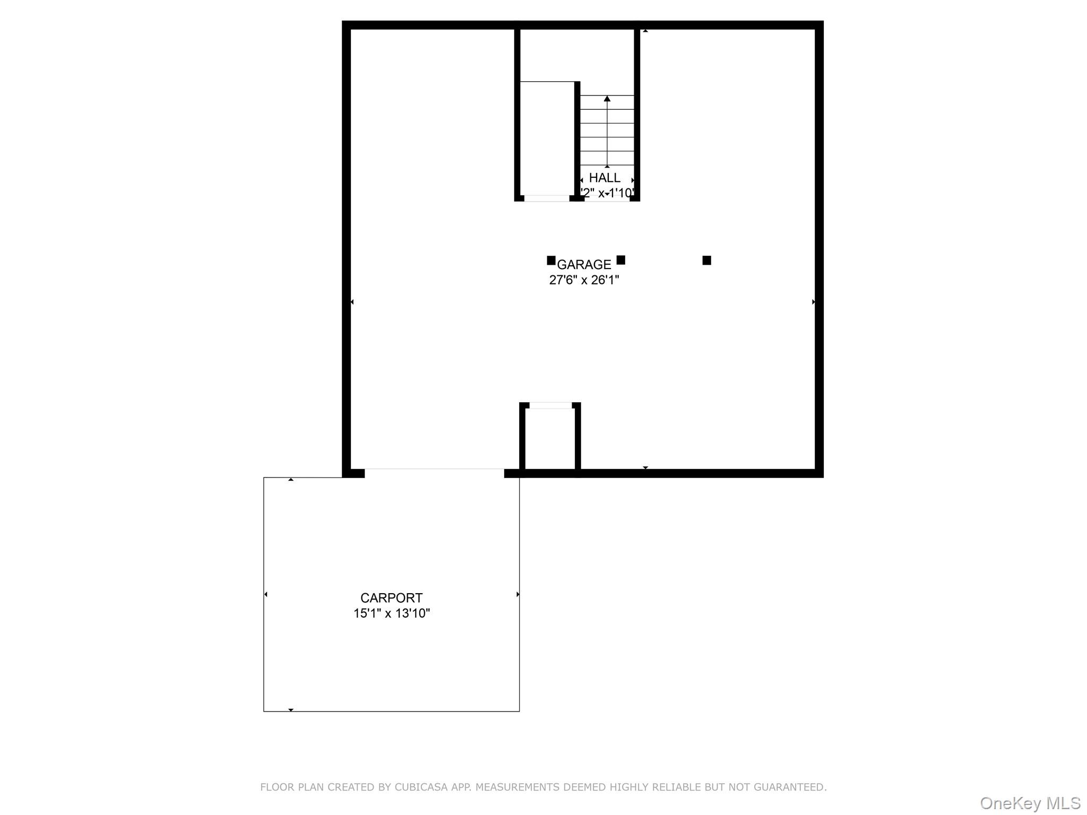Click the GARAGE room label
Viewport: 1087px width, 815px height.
pos(584,264)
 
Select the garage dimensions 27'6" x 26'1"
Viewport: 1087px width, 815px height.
pos(584,280)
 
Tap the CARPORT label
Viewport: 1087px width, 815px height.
pos(391,598)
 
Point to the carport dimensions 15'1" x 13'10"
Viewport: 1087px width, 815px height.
pos(391,613)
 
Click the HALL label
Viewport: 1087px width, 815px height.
pos(605,178)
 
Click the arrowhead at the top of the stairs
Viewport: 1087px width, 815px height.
pos(607,99)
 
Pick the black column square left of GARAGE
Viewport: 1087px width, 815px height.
pos(551,261)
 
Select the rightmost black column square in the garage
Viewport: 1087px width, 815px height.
pos(706,260)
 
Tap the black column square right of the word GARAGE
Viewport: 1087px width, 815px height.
pos(621,260)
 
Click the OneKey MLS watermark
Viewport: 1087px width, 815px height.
pos(1030,803)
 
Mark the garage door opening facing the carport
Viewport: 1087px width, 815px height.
pos(434,472)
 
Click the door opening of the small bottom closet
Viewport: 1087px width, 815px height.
pos(550,405)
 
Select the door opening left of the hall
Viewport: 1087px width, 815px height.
pos(547,198)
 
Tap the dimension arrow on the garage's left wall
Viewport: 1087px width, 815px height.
pos(352,302)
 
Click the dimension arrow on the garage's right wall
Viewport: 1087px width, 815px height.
pos(814,302)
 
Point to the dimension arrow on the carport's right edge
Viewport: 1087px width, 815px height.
pos(517,594)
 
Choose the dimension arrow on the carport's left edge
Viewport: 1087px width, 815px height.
pos(266,594)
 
